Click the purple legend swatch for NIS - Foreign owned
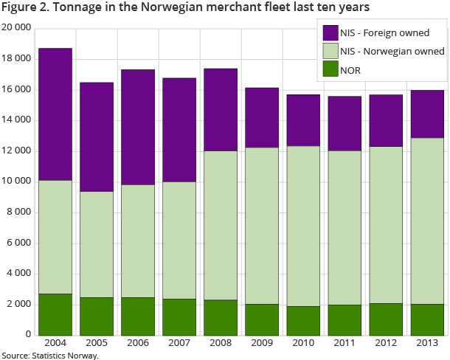(x=330, y=33)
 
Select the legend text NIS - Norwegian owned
(x=392, y=52)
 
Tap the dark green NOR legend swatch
(x=330, y=70)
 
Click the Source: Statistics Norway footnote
(x=50, y=356)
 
